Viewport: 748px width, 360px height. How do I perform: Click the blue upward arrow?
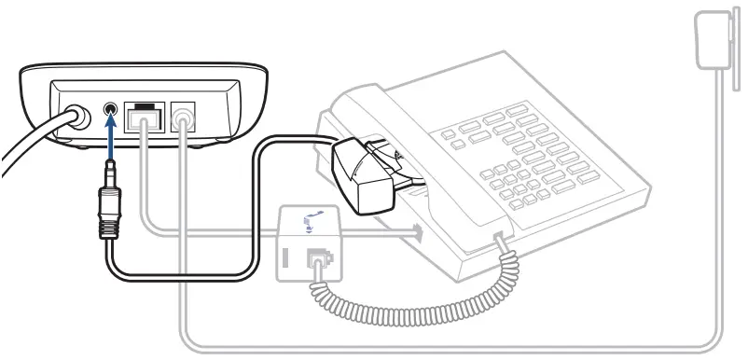click(x=111, y=140)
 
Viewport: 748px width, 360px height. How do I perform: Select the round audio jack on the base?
click(x=111, y=111)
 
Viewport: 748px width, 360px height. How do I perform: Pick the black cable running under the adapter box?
click(x=187, y=276)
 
